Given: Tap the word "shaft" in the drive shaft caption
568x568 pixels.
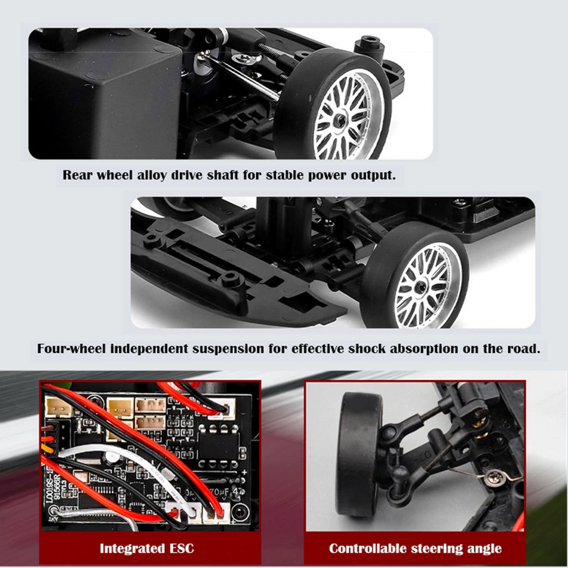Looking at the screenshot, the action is click(222, 176).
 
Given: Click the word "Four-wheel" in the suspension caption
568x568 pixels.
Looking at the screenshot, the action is click(71, 349).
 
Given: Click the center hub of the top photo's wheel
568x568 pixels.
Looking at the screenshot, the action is click(341, 119).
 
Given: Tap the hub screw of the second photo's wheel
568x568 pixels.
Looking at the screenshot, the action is click(421, 285).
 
